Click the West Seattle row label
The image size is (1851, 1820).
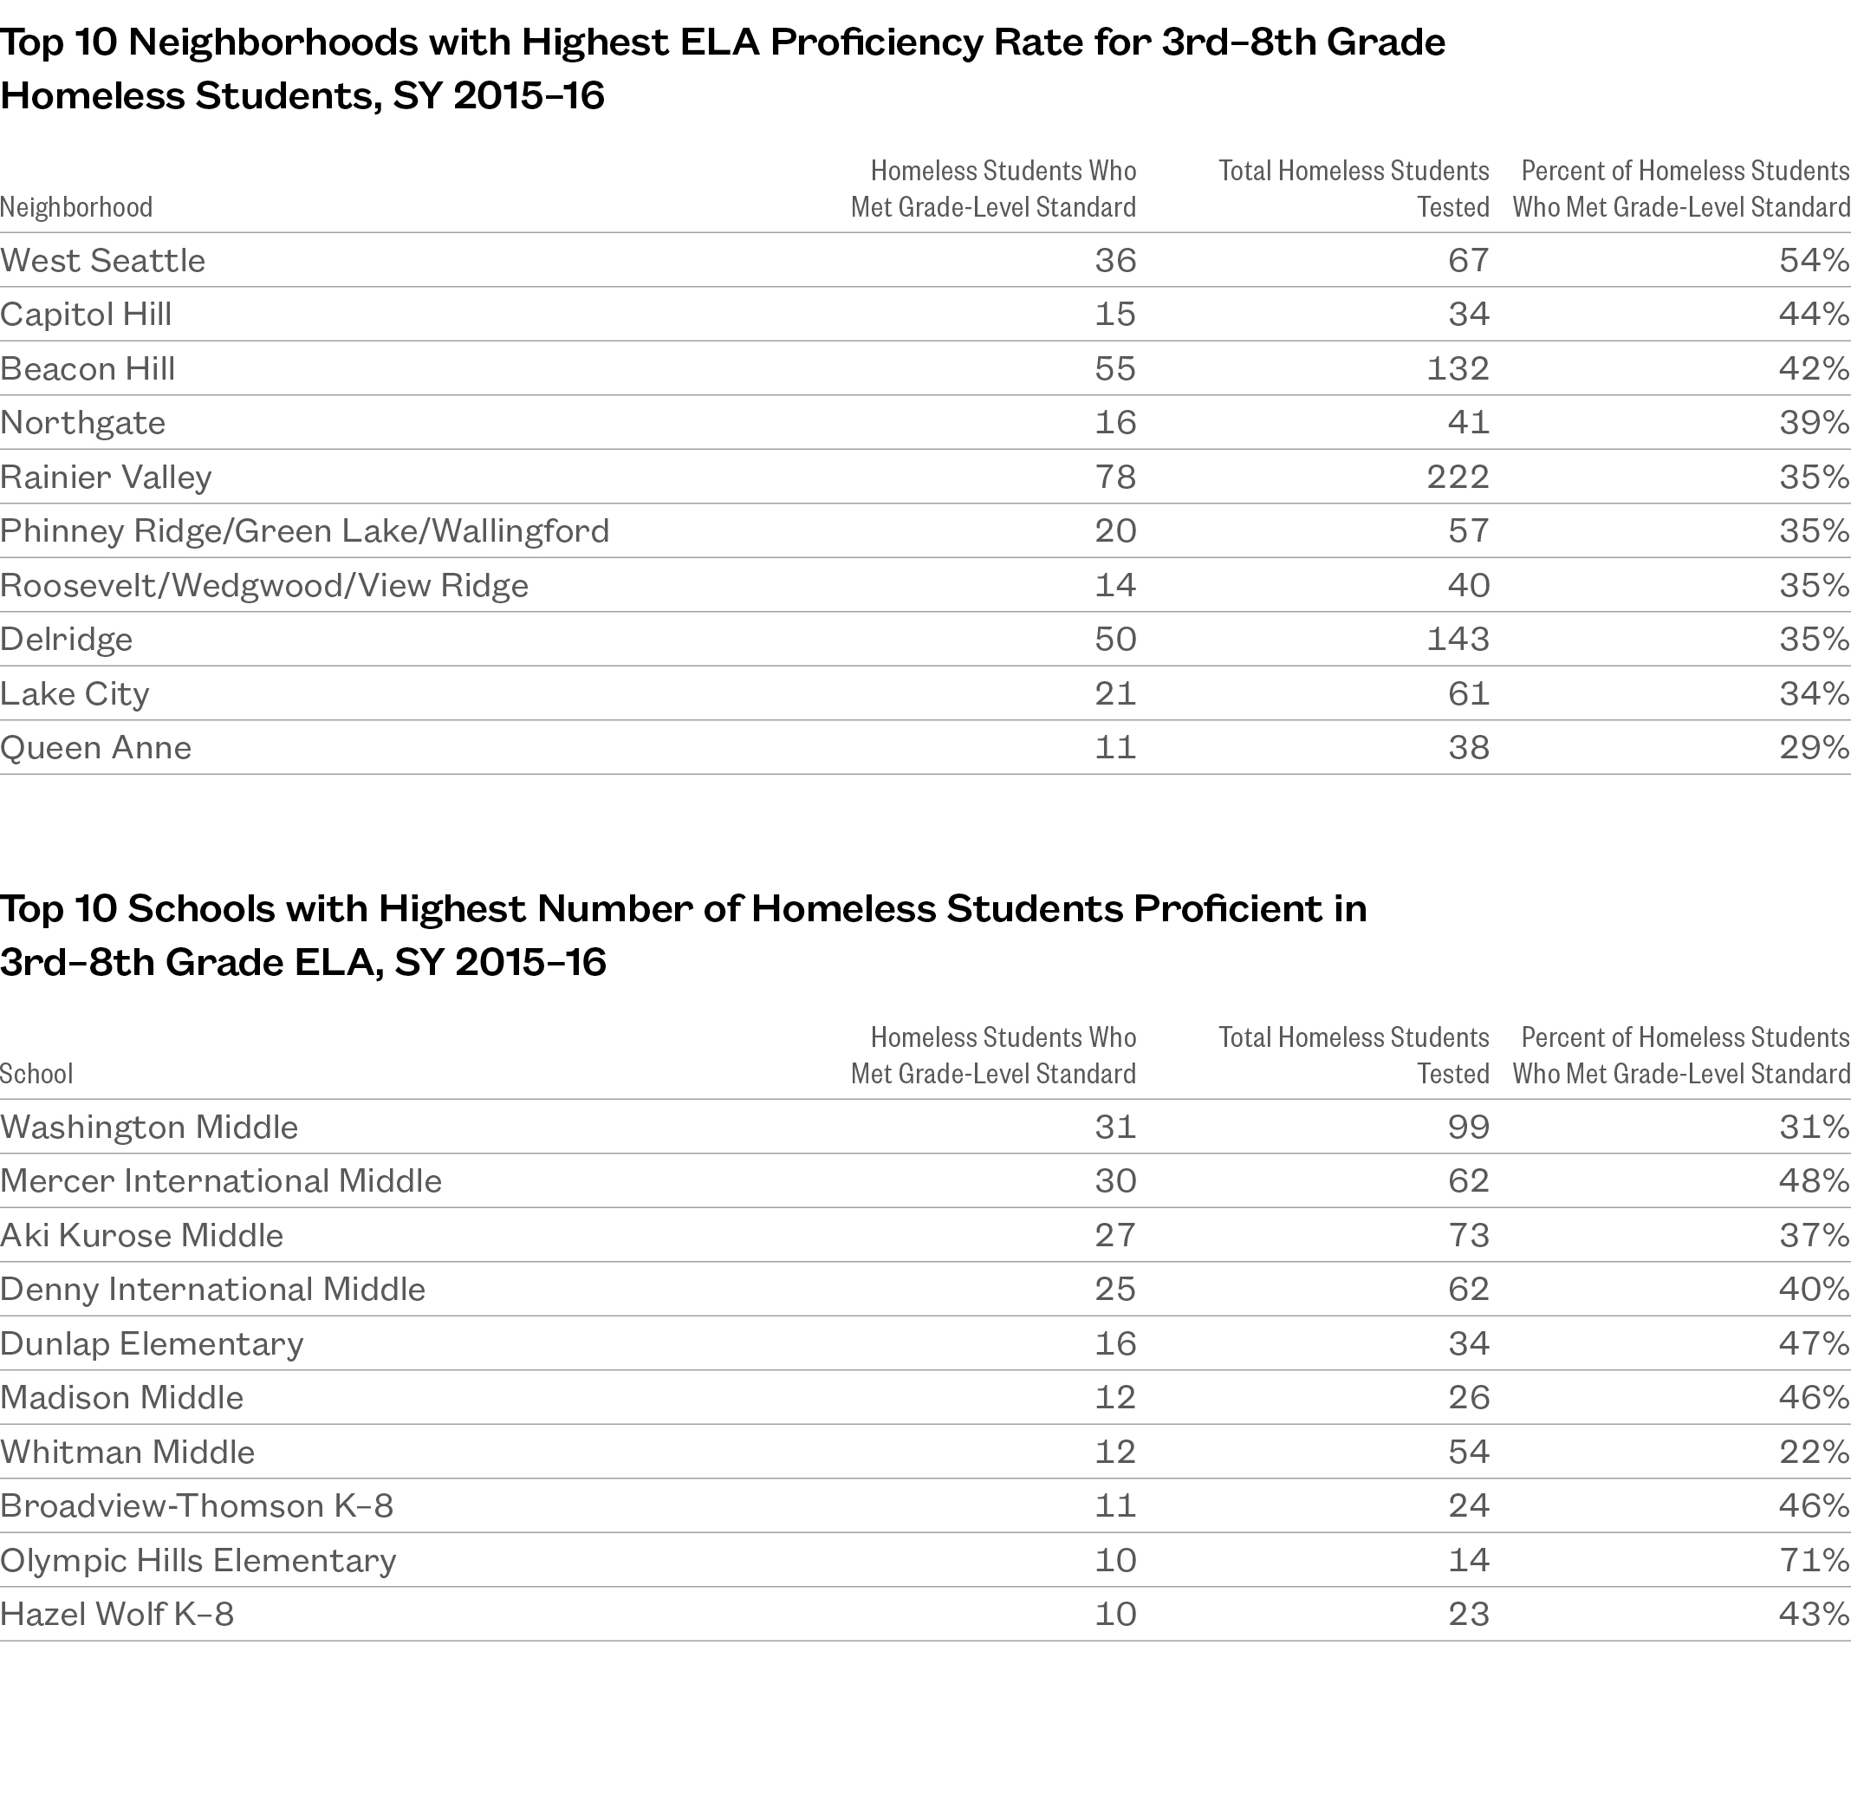click(102, 261)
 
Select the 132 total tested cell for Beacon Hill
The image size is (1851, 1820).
click(1458, 369)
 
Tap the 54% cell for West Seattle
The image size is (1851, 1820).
click(1814, 261)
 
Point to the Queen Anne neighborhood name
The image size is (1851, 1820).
click(95, 747)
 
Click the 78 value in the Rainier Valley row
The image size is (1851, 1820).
click(1115, 477)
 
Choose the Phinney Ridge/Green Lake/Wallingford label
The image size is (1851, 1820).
click(304, 531)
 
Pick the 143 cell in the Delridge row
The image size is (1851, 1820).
click(1458, 640)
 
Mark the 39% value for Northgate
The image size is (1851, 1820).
click(1814, 423)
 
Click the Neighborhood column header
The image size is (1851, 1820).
click(76, 207)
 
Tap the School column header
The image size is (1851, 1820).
click(36, 1075)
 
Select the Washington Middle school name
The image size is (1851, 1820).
click(149, 1128)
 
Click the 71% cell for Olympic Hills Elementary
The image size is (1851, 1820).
click(1814, 1561)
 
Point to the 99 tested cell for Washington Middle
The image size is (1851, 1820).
click(1468, 1128)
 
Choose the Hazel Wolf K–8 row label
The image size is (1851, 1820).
click(117, 1615)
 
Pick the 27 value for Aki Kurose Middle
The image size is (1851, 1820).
click(1115, 1236)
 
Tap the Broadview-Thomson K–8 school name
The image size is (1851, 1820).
click(196, 1506)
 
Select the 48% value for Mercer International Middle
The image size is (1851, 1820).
click(1814, 1181)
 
